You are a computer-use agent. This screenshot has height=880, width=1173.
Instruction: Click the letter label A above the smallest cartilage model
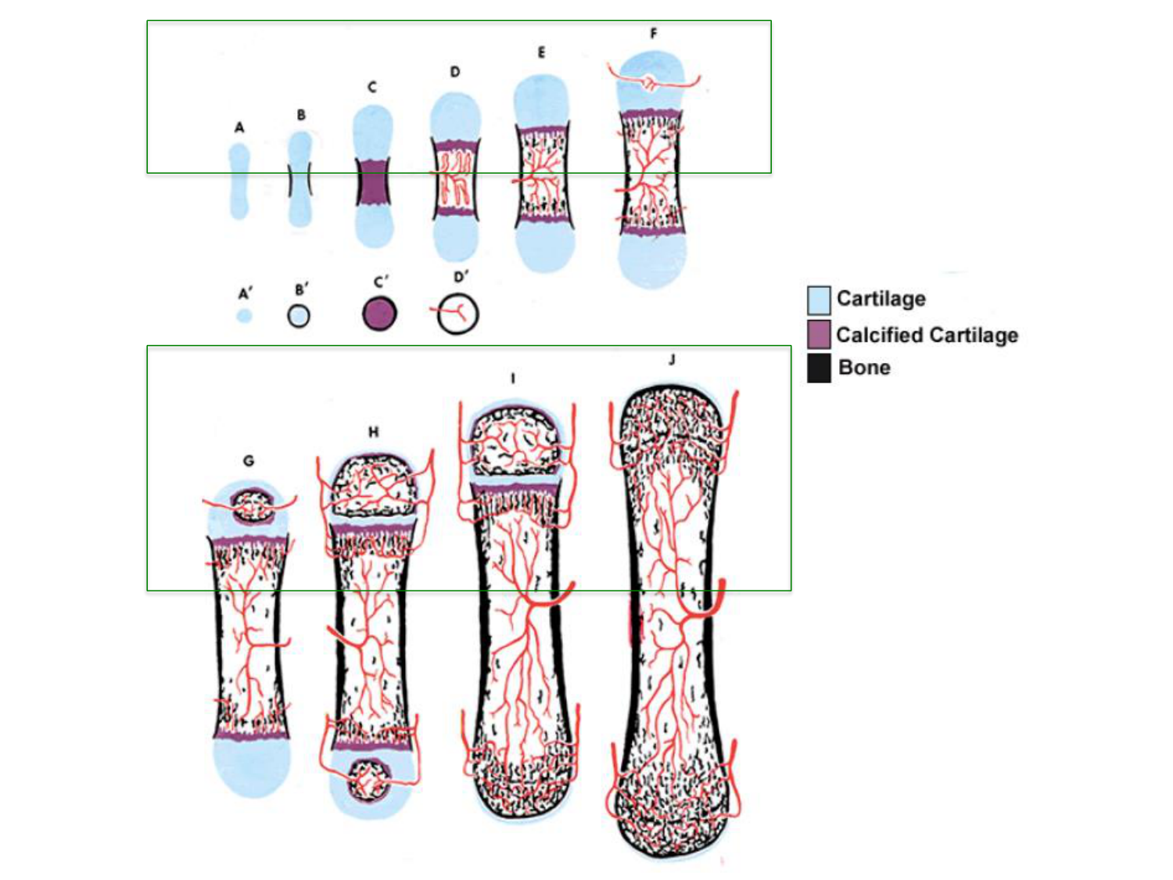point(239,127)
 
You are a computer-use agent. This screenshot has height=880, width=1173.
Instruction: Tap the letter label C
point(372,87)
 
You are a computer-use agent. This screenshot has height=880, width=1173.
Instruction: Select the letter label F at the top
point(653,33)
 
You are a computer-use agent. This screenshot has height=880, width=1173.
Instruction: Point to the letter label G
point(249,461)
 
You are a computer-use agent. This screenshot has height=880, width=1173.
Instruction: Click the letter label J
point(672,359)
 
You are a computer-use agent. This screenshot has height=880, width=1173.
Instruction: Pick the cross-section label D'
point(461,276)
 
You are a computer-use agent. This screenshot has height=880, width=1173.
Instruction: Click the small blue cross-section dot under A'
point(244,316)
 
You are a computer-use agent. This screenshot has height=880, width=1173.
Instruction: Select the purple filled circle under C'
point(379,314)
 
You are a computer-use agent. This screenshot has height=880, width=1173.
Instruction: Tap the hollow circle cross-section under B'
point(299,316)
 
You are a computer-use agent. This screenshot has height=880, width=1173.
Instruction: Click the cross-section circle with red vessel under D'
point(457,314)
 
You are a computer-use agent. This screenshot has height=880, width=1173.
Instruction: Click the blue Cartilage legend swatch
point(818,300)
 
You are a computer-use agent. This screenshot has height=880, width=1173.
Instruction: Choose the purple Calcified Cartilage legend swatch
point(818,334)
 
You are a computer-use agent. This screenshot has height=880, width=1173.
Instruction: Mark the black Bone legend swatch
point(818,368)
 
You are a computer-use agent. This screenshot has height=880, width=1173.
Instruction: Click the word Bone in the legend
point(864,368)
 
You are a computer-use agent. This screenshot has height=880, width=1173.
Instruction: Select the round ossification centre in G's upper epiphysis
point(251,505)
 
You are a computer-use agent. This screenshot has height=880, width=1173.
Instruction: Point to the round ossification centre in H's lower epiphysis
point(368,780)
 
